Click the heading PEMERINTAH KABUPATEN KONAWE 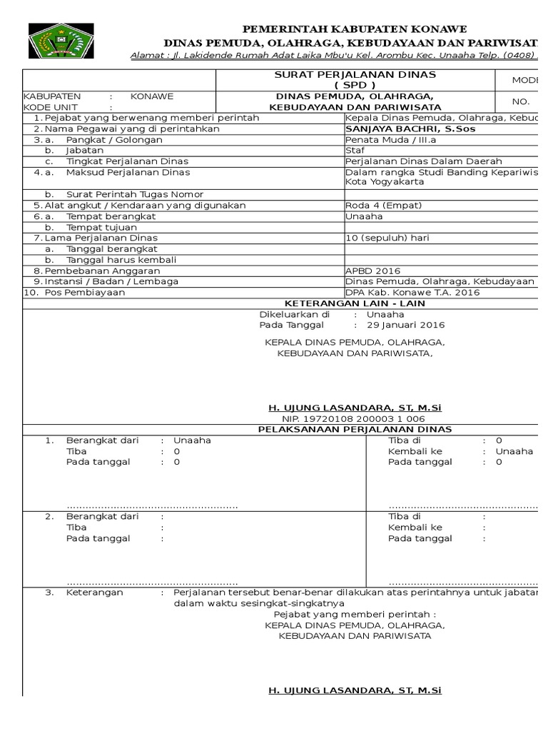tap(355, 29)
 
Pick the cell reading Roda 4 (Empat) tap(384, 205)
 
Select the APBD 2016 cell tap(372, 271)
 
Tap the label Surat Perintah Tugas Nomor tap(135, 194)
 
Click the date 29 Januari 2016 tap(405, 325)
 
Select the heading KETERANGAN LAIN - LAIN tap(355, 303)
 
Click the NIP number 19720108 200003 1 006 tap(354, 418)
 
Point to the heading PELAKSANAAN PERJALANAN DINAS tap(355, 429)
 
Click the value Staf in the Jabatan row tap(355, 151)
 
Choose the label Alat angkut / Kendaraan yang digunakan tap(145, 205)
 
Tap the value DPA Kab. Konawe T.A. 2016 tap(412, 292)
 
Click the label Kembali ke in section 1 tap(415, 451)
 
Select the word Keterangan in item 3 tap(94, 593)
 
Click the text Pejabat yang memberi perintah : tap(355, 614)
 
